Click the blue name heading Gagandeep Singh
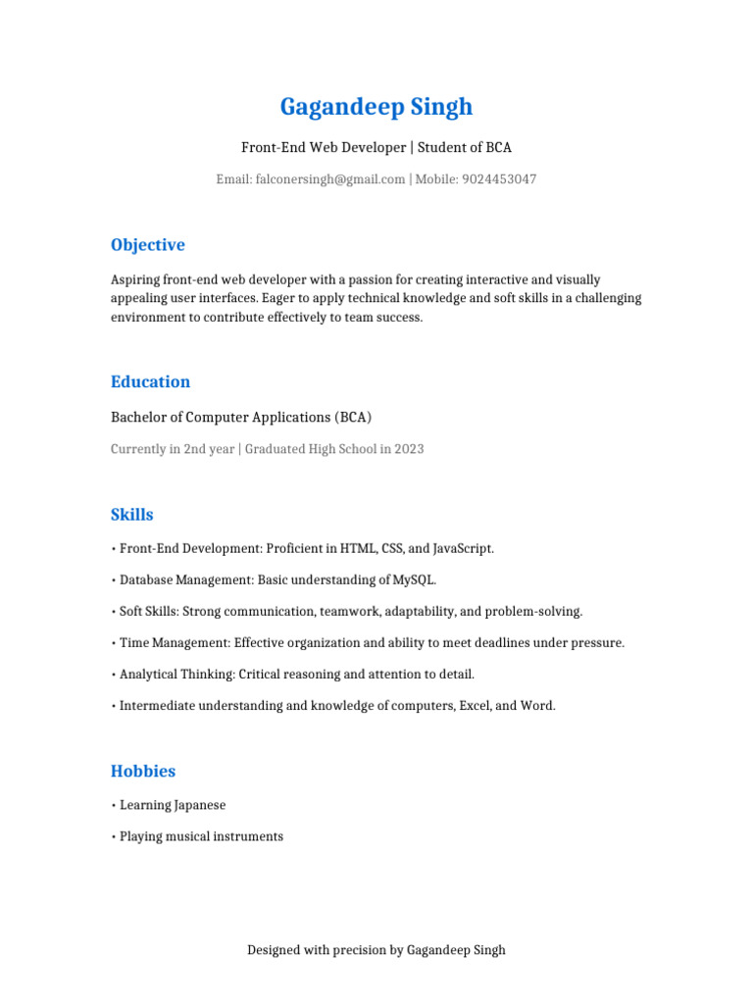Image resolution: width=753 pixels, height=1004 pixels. coord(376,107)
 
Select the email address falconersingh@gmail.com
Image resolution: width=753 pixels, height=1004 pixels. coord(329,179)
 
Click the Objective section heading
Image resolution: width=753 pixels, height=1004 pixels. coord(147,245)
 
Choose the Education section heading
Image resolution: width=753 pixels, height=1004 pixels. coord(150,382)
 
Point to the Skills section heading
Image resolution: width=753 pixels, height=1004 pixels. coord(131,515)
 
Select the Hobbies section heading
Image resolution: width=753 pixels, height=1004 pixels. coord(143,772)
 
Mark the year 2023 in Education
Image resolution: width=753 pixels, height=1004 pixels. coord(409,449)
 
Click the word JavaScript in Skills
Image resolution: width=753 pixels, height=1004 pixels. coord(461,549)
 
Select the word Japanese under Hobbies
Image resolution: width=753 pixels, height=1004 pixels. coord(200,806)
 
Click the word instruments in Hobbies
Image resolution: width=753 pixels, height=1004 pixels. coord(249,837)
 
